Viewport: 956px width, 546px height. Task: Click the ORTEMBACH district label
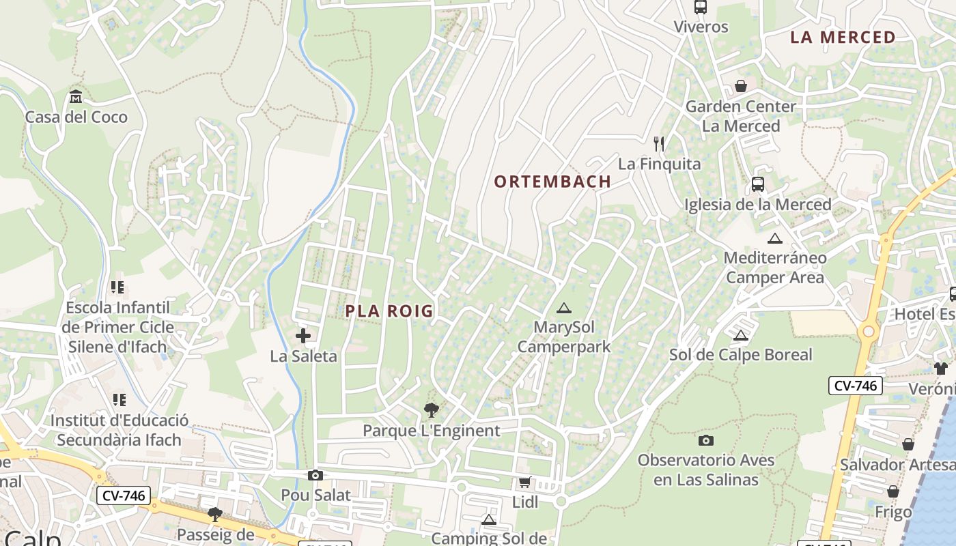552,182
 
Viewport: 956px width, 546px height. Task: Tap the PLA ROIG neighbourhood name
389,311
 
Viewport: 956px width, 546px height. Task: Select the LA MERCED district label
843,38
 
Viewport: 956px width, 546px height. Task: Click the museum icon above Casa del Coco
76,97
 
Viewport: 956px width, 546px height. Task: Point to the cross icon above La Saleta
303,336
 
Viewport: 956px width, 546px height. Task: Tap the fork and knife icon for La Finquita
659,144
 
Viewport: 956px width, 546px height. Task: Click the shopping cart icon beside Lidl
524,483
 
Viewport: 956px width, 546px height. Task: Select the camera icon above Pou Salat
315,475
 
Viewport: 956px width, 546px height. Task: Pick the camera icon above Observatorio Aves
706,440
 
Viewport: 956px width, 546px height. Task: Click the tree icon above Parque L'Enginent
431,410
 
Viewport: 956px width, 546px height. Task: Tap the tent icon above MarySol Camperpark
563,308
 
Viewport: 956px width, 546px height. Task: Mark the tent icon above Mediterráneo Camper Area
774,238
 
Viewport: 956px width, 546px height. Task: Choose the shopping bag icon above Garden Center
741,86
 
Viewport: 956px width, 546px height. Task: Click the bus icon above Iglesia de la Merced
758,184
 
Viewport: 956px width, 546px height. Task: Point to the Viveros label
701,27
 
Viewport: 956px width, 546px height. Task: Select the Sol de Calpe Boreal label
741,355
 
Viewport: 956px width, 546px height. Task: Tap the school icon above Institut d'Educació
119,400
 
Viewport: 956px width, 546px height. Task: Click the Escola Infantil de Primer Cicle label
117,327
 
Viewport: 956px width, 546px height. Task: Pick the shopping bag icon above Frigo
893,491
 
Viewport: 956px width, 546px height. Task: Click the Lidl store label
525,503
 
